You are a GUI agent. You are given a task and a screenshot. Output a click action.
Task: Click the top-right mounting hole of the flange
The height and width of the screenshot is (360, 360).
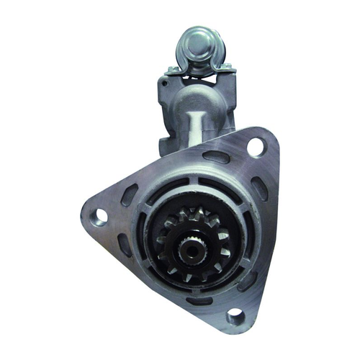click(256, 147)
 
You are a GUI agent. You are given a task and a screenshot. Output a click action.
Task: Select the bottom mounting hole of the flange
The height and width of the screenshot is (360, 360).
click(234, 315)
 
